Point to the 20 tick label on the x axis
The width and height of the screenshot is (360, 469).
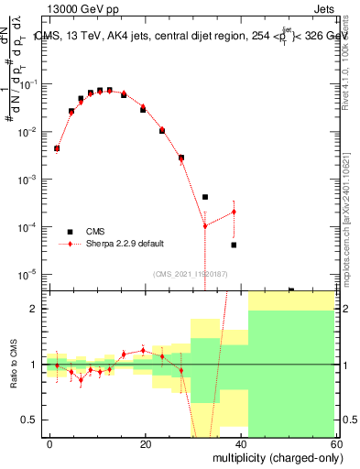click(145, 444)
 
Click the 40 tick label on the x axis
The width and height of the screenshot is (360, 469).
click(241, 444)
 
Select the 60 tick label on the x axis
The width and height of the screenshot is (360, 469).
click(336, 444)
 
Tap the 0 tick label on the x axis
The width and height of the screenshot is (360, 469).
click(50, 444)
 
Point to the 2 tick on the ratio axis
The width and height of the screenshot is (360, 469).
click(35, 309)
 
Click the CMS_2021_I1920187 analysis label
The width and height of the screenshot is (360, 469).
click(190, 273)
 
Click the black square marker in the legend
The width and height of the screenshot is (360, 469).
click(70, 232)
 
